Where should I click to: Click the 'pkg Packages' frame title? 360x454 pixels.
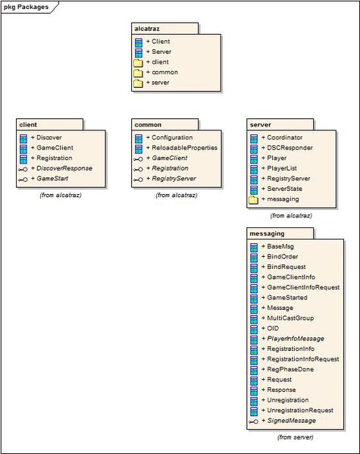pos(26,7)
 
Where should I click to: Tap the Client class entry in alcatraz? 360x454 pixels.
pos(158,42)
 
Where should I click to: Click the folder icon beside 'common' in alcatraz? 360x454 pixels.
pos(138,73)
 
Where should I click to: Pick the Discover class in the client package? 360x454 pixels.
pos(46,137)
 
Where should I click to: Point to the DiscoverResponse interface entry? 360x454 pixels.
pos(61,168)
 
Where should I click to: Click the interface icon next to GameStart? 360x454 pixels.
pos(23,179)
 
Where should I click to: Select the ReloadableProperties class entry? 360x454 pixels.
pos(182,148)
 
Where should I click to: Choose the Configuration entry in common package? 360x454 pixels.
pos(169,137)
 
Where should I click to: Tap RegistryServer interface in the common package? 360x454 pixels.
pos(171,179)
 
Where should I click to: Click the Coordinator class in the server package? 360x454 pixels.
pos(282,137)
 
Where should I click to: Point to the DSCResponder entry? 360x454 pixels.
pos(287,148)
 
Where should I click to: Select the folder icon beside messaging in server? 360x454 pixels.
pos(253,200)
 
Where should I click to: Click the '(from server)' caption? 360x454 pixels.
pos(295,437)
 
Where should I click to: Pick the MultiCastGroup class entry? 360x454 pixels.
pos(287,318)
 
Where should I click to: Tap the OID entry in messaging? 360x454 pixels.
pos(270,328)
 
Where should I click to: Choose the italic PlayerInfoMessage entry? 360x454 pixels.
pos(293,339)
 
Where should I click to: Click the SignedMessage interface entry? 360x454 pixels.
pos(289,421)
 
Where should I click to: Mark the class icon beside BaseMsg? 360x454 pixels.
pos(254,247)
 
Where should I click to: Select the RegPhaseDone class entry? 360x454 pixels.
pos(287,369)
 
